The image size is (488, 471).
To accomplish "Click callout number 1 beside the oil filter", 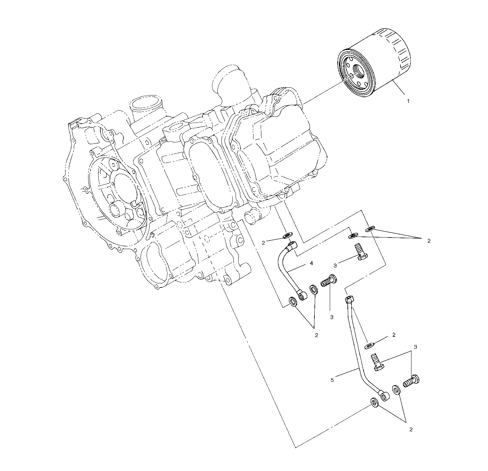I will click(x=408, y=101).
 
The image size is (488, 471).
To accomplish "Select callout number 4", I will click(x=311, y=263).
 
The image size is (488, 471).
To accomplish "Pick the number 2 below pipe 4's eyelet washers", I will click(x=316, y=335).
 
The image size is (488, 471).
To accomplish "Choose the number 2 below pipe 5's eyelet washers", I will click(x=411, y=429).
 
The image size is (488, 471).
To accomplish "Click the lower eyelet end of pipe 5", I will click(x=385, y=396).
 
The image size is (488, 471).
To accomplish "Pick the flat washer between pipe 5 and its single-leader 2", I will click(x=369, y=346).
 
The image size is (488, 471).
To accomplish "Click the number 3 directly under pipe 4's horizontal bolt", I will click(x=331, y=317).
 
